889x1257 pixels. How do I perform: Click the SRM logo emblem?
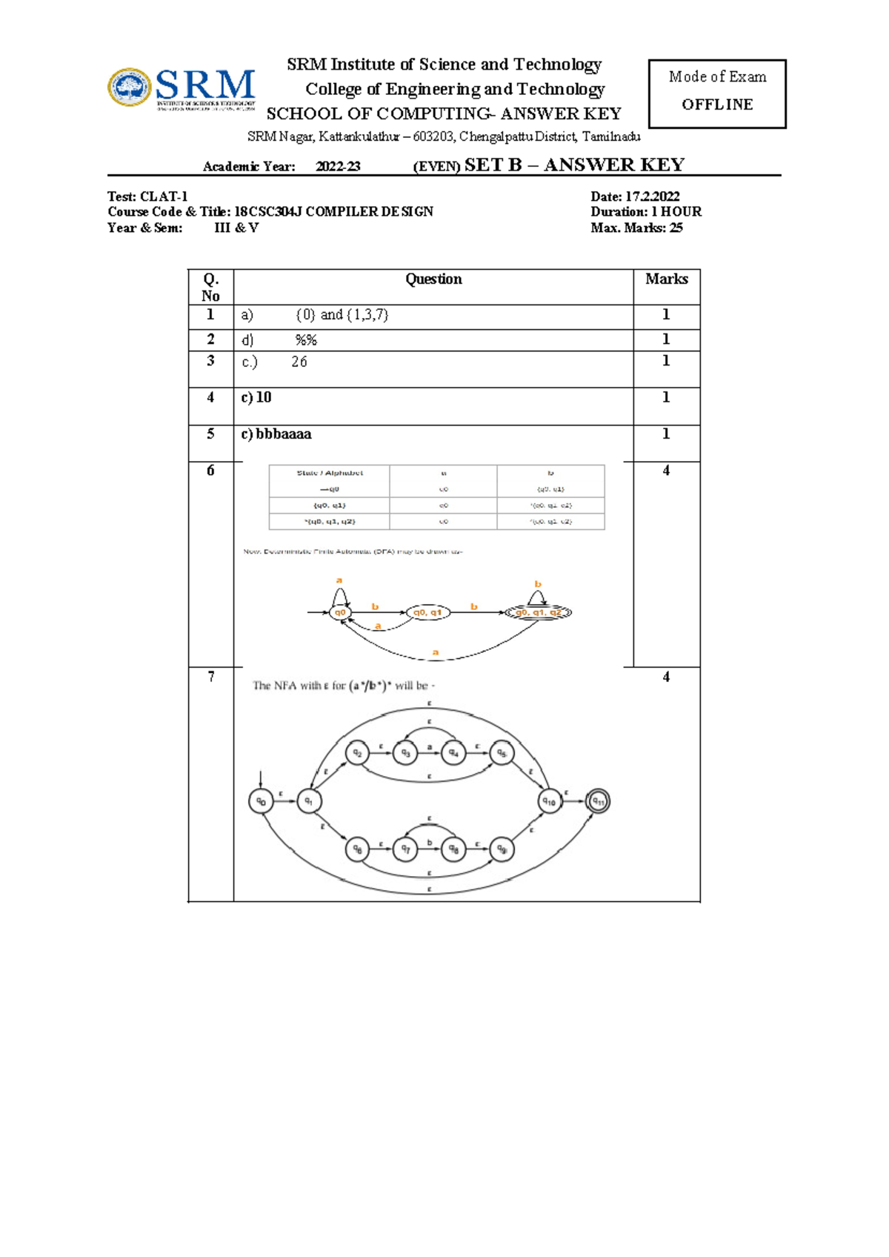coord(130,87)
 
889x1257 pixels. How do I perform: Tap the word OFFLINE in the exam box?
coord(717,105)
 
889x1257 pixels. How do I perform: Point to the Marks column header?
coord(666,279)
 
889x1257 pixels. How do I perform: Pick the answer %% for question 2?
coord(306,340)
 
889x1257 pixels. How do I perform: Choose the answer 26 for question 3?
coord(299,362)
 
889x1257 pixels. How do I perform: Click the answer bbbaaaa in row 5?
coord(284,434)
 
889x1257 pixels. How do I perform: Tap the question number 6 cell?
coord(210,471)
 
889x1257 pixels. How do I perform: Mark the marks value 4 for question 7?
coord(666,677)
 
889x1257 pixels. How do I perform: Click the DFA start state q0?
coord(340,612)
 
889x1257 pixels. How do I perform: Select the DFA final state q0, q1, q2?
coord(539,612)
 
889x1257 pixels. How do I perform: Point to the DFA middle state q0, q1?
coord(427,612)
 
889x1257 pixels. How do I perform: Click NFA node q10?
coord(550,801)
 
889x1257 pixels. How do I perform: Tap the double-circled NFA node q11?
coord(598,801)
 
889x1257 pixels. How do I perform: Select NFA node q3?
coord(405,753)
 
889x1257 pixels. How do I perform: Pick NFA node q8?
coord(453,849)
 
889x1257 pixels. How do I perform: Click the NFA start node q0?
coord(261,801)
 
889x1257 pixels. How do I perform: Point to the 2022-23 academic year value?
coord(338,167)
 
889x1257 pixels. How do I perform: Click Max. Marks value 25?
coord(675,228)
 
